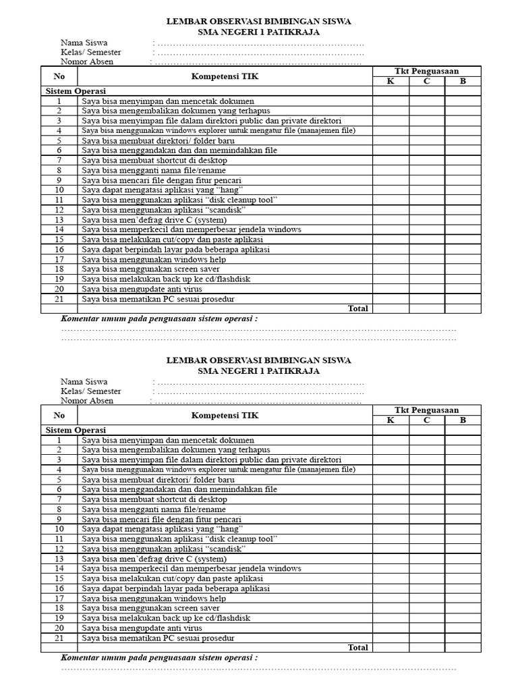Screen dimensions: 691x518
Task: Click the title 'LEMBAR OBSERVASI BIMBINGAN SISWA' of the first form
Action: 258,22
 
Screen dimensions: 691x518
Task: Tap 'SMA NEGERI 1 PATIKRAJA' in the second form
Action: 258,370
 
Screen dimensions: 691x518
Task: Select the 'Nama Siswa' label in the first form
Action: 84,43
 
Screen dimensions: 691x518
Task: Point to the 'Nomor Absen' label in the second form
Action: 87,401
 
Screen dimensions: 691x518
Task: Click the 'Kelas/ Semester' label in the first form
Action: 91,53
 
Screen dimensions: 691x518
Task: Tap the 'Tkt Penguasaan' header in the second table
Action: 426,410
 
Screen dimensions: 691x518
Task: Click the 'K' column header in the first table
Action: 391,82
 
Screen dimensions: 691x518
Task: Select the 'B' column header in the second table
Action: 463,420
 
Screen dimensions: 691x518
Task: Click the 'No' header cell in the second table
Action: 59,415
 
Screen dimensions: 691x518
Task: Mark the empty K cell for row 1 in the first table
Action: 391,101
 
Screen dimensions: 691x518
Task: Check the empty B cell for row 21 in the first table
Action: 463,299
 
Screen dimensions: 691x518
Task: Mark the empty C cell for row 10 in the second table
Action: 426,529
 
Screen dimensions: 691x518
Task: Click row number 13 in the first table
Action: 59,220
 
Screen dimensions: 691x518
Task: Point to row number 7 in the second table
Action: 59,499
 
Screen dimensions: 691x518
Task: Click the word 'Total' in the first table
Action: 357,308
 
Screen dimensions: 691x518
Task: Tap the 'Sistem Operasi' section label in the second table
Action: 76,430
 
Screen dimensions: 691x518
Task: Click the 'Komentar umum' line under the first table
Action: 159,319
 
